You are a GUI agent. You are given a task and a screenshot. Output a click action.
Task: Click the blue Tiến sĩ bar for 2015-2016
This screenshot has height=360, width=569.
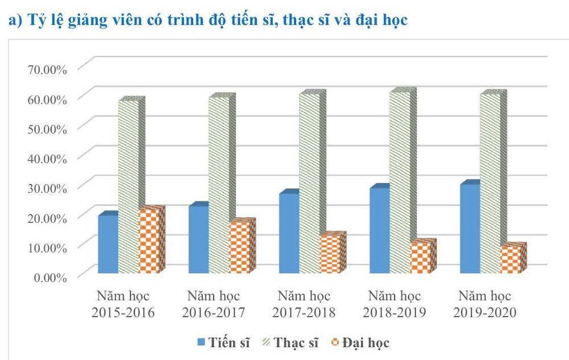(x=108, y=244)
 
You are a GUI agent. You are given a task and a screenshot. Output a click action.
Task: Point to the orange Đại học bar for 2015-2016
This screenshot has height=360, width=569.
(x=150, y=241)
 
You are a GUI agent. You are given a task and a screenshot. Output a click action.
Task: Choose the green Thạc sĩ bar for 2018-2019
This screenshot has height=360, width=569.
(x=399, y=182)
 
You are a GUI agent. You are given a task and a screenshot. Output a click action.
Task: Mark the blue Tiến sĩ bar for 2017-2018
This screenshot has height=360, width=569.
(x=289, y=233)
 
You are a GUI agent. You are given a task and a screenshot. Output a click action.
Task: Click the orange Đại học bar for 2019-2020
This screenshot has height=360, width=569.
(x=511, y=259)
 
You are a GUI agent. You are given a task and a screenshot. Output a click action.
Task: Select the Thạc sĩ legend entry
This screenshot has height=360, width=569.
(x=291, y=342)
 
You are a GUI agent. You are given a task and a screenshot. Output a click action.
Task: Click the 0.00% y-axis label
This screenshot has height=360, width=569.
(x=50, y=277)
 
